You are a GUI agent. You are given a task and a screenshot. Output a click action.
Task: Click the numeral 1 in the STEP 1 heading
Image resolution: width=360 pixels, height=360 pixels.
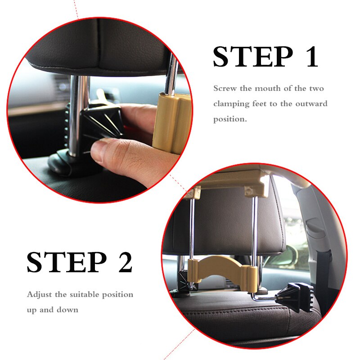tap(311, 57)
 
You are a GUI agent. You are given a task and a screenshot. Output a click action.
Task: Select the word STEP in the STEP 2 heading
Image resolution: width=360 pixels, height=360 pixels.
tap(67, 262)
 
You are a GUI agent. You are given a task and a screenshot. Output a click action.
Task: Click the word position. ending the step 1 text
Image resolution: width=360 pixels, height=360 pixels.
tap(230, 119)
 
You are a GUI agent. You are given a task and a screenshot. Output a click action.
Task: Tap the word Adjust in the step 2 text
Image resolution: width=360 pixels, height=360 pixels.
tap(39, 295)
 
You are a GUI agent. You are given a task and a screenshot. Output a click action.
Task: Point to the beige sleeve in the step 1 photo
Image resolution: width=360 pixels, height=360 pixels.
tap(172, 122)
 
